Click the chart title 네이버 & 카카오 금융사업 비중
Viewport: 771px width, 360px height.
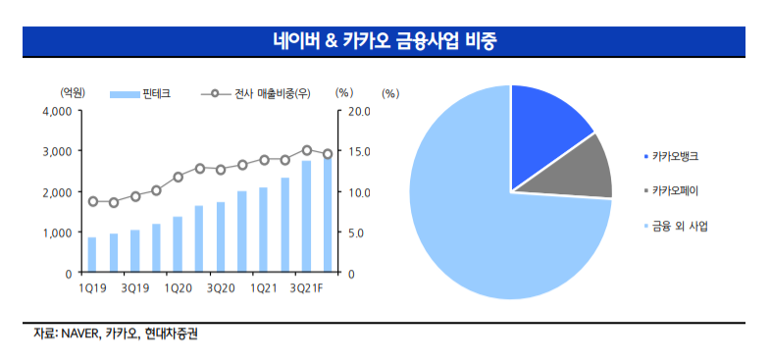tap(385, 41)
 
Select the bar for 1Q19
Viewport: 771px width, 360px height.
tap(92, 255)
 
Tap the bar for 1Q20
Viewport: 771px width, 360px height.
tap(178, 245)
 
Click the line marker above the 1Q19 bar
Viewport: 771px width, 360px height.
tap(92, 201)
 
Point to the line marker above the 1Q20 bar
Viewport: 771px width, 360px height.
tap(178, 178)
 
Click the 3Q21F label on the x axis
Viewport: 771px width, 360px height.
tap(312, 287)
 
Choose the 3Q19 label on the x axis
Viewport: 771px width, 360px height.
tap(134, 287)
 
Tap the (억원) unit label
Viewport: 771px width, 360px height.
tap(73, 92)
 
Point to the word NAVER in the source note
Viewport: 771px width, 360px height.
tap(77, 334)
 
